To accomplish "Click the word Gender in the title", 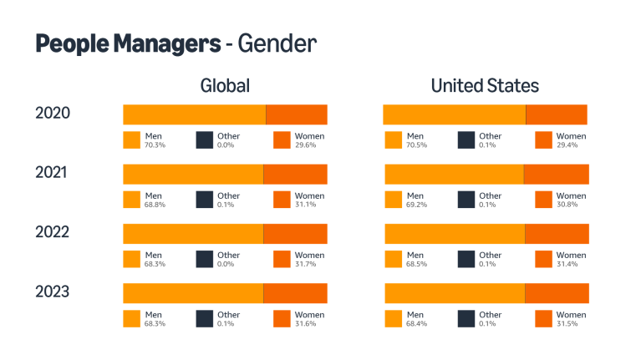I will point(277,43).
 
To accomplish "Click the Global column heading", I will point(225,86).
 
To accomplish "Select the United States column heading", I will point(485,86).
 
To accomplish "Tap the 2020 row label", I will point(52,113).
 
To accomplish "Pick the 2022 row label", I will point(52,232).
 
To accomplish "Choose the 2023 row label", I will point(52,292).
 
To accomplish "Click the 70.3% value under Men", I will point(155,145).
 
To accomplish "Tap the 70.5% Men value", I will point(416,145).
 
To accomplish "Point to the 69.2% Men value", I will point(416,205).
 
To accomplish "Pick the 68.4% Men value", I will point(416,324).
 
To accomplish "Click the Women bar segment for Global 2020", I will point(296,114).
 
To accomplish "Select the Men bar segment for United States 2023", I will point(454,293).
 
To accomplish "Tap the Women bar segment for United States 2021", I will point(556,174).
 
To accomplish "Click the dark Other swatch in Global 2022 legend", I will point(205,259).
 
